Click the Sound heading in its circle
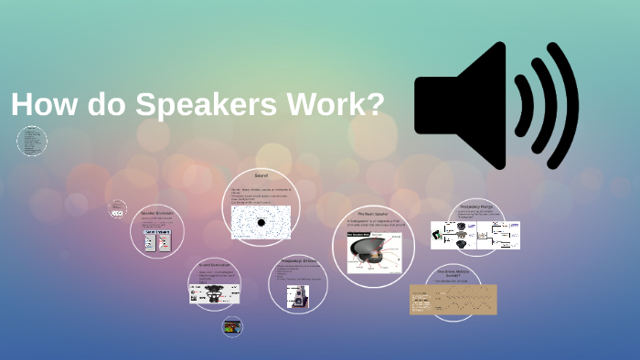[x=261, y=174]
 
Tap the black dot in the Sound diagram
[x=261, y=222]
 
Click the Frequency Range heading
[x=478, y=206]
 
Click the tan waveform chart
[x=453, y=299]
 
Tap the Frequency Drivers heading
[x=297, y=260]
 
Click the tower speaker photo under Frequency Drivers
[x=298, y=296]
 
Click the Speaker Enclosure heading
[x=157, y=213]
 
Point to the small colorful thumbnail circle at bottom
[x=233, y=325]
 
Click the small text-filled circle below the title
[x=32, y=142]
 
